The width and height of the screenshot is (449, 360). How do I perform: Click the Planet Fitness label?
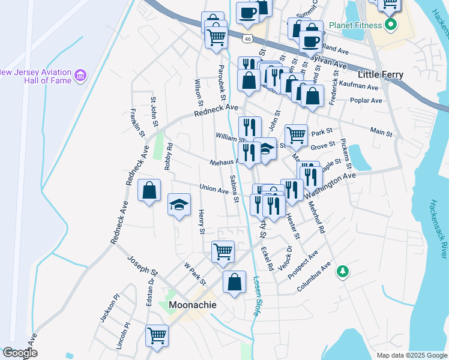pyautogui.click(x=355, y=26)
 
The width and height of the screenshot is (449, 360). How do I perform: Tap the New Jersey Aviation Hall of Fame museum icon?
pyautogui.click(x=80, y=76)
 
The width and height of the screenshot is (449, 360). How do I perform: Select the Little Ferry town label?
pyautogui.click(x=380, y=74)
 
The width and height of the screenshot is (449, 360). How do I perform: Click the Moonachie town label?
pyautogui.click(x=192, y=305)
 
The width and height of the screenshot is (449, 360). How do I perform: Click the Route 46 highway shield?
pyautogui.click(x=247, y=38)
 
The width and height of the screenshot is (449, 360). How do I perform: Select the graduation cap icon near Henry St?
pyautogui.click(x=179, y=204)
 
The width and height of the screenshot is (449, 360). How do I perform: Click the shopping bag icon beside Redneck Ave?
pyautogui.click(x=149, y=190)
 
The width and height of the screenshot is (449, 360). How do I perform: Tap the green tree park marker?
pyautogui.click(x=343, y=272)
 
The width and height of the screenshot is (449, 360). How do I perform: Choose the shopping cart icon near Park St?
pyautogui.click(x=296, y=135)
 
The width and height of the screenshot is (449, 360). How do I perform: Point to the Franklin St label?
pyautogui.click(x=138, y=124)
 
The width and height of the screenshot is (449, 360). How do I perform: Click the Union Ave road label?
pyautogui.click(x=214, y=190)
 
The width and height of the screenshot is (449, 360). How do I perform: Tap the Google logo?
pyautogui.click(x=20, y=353)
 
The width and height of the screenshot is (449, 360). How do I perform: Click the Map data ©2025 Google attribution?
pyautogui.click(x=412, y=355)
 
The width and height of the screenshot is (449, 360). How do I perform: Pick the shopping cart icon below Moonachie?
pyautogui.click(x=157, y=335)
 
